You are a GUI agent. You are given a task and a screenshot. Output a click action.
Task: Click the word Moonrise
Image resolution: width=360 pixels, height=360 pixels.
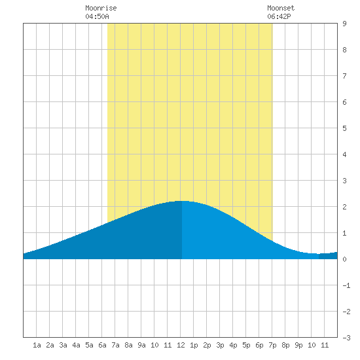pyautogui.click(x=101, y=8)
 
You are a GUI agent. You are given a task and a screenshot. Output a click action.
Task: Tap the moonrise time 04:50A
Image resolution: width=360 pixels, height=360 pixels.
pyautogui.click(x=97, y=16)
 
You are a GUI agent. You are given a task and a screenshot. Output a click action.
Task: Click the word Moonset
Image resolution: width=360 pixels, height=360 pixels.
pyautogui.click(x=281, y=8)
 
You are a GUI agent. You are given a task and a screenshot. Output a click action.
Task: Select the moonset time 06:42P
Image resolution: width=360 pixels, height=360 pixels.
pyautogui.click(x=279, y=16)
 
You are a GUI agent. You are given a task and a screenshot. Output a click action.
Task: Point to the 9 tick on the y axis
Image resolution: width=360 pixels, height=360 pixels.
pyautogui.click(x=344, y=24)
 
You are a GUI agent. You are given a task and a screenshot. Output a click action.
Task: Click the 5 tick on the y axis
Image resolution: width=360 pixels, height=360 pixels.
pyautogui.click(x=344, y=128)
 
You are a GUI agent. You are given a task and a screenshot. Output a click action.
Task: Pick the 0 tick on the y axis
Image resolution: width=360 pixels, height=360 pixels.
pyautogui.click(x=344, y=259)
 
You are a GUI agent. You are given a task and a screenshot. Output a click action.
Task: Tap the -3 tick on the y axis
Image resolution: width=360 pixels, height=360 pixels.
pyautogui.click(x=346, y=338)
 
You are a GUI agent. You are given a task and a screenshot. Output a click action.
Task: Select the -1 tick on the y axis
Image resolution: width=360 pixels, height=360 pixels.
pyautogui.click(x=346, y=285)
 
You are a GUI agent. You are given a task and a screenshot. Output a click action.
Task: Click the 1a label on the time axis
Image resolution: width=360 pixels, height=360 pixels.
pyautogui.click(x=37, y=345)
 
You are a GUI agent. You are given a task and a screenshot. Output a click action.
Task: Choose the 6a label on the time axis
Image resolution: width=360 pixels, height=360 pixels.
pyautogui.click(x=102, y=345)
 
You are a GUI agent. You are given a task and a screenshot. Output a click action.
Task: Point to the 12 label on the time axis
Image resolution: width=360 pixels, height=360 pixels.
pyautogui.click(x=181, y=345)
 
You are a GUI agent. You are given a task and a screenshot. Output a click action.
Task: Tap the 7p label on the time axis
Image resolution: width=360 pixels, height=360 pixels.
pyautogui.click(x=272, y=345)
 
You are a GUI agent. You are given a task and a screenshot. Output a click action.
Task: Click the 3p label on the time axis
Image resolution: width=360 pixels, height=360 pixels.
pyautogui.click(x=220, y=345)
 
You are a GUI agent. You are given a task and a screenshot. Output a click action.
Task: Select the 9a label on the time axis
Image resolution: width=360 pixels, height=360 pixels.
pyautogui.click(x=141, y=345)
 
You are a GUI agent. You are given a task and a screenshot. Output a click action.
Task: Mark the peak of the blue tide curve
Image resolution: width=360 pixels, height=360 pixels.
pyautogui.click(x=182, y=201)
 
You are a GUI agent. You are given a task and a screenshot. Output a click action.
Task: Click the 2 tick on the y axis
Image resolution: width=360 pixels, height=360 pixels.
pyautogui.click(x=344, y=207)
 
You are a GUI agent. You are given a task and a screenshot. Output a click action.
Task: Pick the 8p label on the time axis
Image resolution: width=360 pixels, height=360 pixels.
pyautogui.click(x=285, y=345)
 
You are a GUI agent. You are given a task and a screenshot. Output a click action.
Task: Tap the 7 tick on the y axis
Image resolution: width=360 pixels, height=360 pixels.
pyautogui.click(x=344, y=76)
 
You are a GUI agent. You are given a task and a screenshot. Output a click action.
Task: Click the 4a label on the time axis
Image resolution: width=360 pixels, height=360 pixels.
pyautogui.click(x=76, y=345)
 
